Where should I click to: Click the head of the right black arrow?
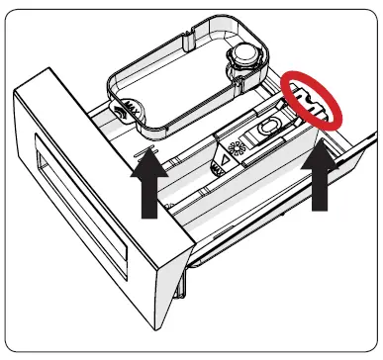point(320,156)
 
